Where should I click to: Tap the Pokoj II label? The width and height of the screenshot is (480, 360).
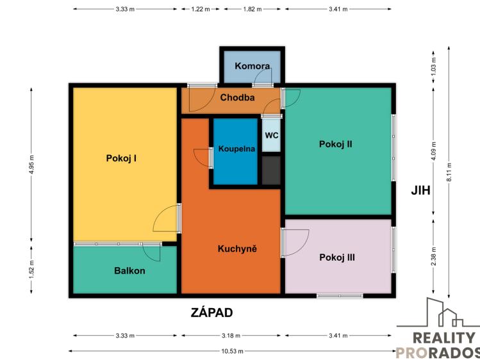336,144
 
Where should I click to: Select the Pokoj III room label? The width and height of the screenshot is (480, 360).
337,258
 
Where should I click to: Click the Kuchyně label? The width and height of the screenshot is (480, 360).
237,249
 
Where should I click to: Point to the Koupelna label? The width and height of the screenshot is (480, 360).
236,149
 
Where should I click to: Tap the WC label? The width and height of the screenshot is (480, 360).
272,136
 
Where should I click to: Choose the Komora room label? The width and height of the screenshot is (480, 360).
251,66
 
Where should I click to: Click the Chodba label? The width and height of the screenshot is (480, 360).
238,98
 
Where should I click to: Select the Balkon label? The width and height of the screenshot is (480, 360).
129,270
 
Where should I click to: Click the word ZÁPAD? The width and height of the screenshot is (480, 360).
211,313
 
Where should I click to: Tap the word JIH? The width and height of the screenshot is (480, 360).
421,190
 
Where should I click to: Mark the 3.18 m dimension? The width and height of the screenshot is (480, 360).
231,335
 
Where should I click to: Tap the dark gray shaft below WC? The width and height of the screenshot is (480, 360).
271,170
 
